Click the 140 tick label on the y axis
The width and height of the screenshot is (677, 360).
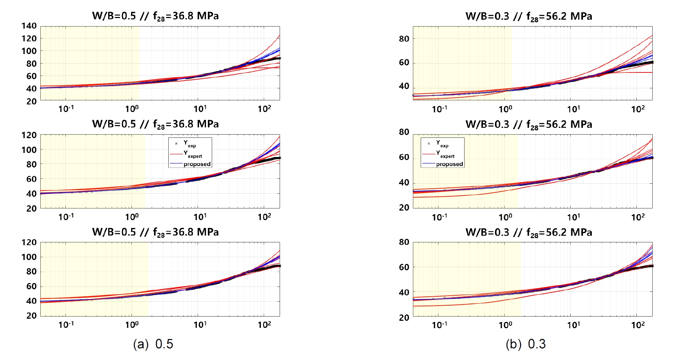[x=29, y=26]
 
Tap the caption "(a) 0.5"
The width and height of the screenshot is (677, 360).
[x=153, y=344]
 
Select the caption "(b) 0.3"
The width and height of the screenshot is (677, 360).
[x=526, y=344]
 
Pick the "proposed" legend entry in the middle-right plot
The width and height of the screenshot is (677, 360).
[x=449, y=164]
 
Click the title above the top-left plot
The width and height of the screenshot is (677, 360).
[x=155, y=16]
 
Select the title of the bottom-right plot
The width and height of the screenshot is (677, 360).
[x=529, y=232]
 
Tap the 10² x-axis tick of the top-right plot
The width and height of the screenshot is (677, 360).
[x=638, y=109]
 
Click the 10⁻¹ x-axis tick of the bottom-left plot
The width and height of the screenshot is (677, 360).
[x=66, y=324]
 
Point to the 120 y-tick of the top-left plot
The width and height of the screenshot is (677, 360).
[x=29, y=39]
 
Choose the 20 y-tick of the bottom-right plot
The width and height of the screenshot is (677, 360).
[x=404, y=317]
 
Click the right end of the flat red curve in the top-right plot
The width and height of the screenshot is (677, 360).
[x=652, y=72]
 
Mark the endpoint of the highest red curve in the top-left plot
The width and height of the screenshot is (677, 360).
[x=279, y=36]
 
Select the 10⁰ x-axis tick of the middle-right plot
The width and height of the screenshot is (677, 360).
[x=505, y=217]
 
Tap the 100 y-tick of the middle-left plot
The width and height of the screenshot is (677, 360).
[x=29, y=150]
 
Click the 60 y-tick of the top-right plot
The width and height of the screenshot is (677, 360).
[x=404, y=63]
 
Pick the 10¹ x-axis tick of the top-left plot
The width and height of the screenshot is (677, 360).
[x=200, y=109]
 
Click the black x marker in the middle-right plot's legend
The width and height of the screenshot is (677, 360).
[x=428, y=143]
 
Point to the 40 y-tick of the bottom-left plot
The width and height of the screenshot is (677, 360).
[x=31, y=301]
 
